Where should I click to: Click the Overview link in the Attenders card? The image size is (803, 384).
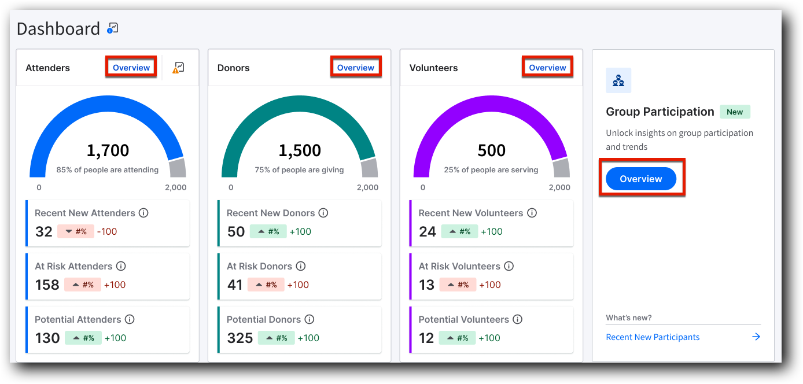pos(131,68)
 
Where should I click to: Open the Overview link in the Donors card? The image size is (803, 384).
pos(356,68)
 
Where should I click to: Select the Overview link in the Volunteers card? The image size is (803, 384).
pos(547,68)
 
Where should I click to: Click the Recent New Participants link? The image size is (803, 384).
pos(653,337)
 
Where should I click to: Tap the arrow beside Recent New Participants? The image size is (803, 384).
pos(756,337)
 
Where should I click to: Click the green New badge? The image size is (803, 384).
pos(735,112)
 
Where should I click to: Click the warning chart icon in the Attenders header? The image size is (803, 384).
pos(178,68)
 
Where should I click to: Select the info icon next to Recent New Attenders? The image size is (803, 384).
pos(143,213)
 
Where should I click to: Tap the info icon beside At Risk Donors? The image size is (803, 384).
pos(301,266)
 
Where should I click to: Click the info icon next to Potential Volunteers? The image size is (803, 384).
pos(518,319)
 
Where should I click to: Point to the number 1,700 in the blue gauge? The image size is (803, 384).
pos(108,151)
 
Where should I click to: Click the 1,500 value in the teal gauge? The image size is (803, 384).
pos(300,151)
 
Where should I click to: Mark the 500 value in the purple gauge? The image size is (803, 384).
pos(491,151)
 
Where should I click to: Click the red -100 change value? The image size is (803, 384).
pos(107,231)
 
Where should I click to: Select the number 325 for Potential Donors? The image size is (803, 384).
pos(240,338)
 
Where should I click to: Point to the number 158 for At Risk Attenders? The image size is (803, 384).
pos(47,285)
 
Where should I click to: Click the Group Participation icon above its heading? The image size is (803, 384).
pos(618,80)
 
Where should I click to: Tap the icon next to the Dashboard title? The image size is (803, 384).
pos(113,28)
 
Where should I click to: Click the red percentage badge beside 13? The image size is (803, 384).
pos(458,285)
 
